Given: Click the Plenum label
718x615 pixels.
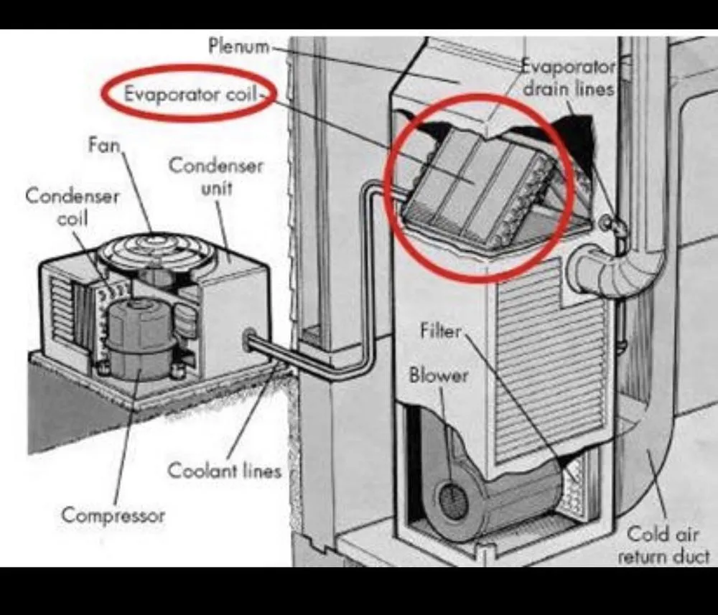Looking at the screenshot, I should pos(239,47).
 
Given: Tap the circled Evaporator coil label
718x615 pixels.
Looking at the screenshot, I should pos(190,94).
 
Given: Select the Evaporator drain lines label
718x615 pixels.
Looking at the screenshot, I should pos(569,78).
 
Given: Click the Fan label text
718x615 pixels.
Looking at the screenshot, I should pos(104,145).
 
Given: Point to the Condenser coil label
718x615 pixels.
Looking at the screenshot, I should pos(72,207).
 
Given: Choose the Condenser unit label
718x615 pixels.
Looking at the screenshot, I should pos(216,177).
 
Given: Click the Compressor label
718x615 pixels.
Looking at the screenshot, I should pos(113,515).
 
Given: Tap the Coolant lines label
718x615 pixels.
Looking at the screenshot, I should pos(224,471).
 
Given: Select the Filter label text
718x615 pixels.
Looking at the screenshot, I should pos(441,331).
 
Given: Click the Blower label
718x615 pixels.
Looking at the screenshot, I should pos(438,375).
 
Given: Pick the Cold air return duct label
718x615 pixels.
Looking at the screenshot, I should pos(662,544).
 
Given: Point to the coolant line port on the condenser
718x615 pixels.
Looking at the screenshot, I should pos(251,337).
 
